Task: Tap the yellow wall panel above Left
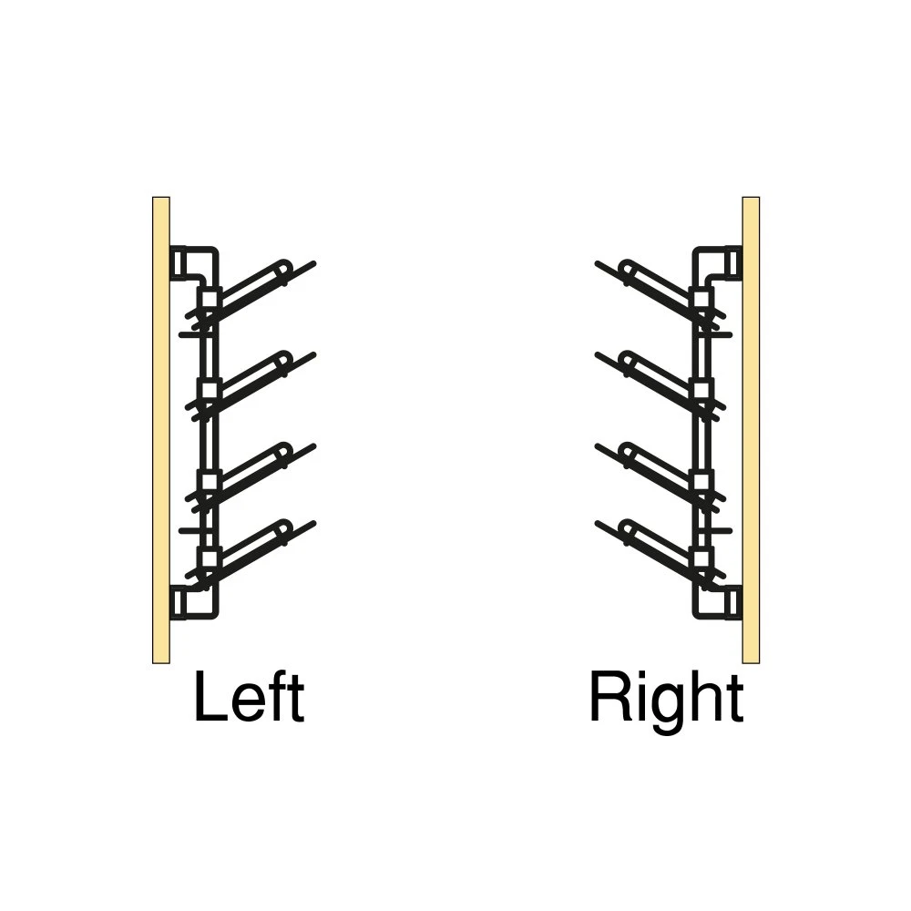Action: pos(161,430)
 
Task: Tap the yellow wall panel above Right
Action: pos(751,430)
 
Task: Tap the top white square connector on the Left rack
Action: pos(210,300)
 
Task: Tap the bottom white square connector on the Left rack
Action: pos(210,559)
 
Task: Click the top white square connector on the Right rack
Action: pos(702,300)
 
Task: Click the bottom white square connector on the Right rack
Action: pos(702,559)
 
